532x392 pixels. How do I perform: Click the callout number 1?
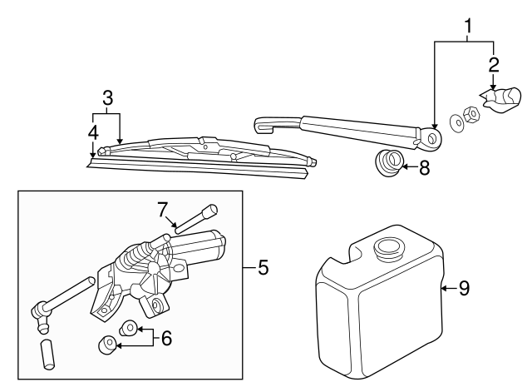coord(469,27)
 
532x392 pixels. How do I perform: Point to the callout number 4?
coord(92,131)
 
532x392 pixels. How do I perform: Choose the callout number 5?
coord(262,268)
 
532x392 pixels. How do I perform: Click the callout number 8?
coord(424,167)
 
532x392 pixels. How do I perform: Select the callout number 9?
coord(464,288)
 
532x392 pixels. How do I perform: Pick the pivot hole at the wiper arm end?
coord(431,136)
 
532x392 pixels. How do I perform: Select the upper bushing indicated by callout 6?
coord(129,327)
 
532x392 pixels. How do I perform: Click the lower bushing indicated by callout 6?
coord(108,344)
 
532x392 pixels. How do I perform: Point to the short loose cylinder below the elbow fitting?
coord(48,355)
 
